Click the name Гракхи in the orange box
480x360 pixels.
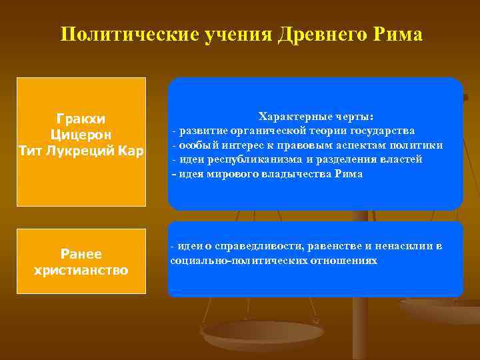(81, 119)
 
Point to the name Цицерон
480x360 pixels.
(81, 135)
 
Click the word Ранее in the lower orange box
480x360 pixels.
(81, 254)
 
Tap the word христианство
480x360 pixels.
(81, 270)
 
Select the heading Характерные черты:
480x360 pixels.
(316, 115)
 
